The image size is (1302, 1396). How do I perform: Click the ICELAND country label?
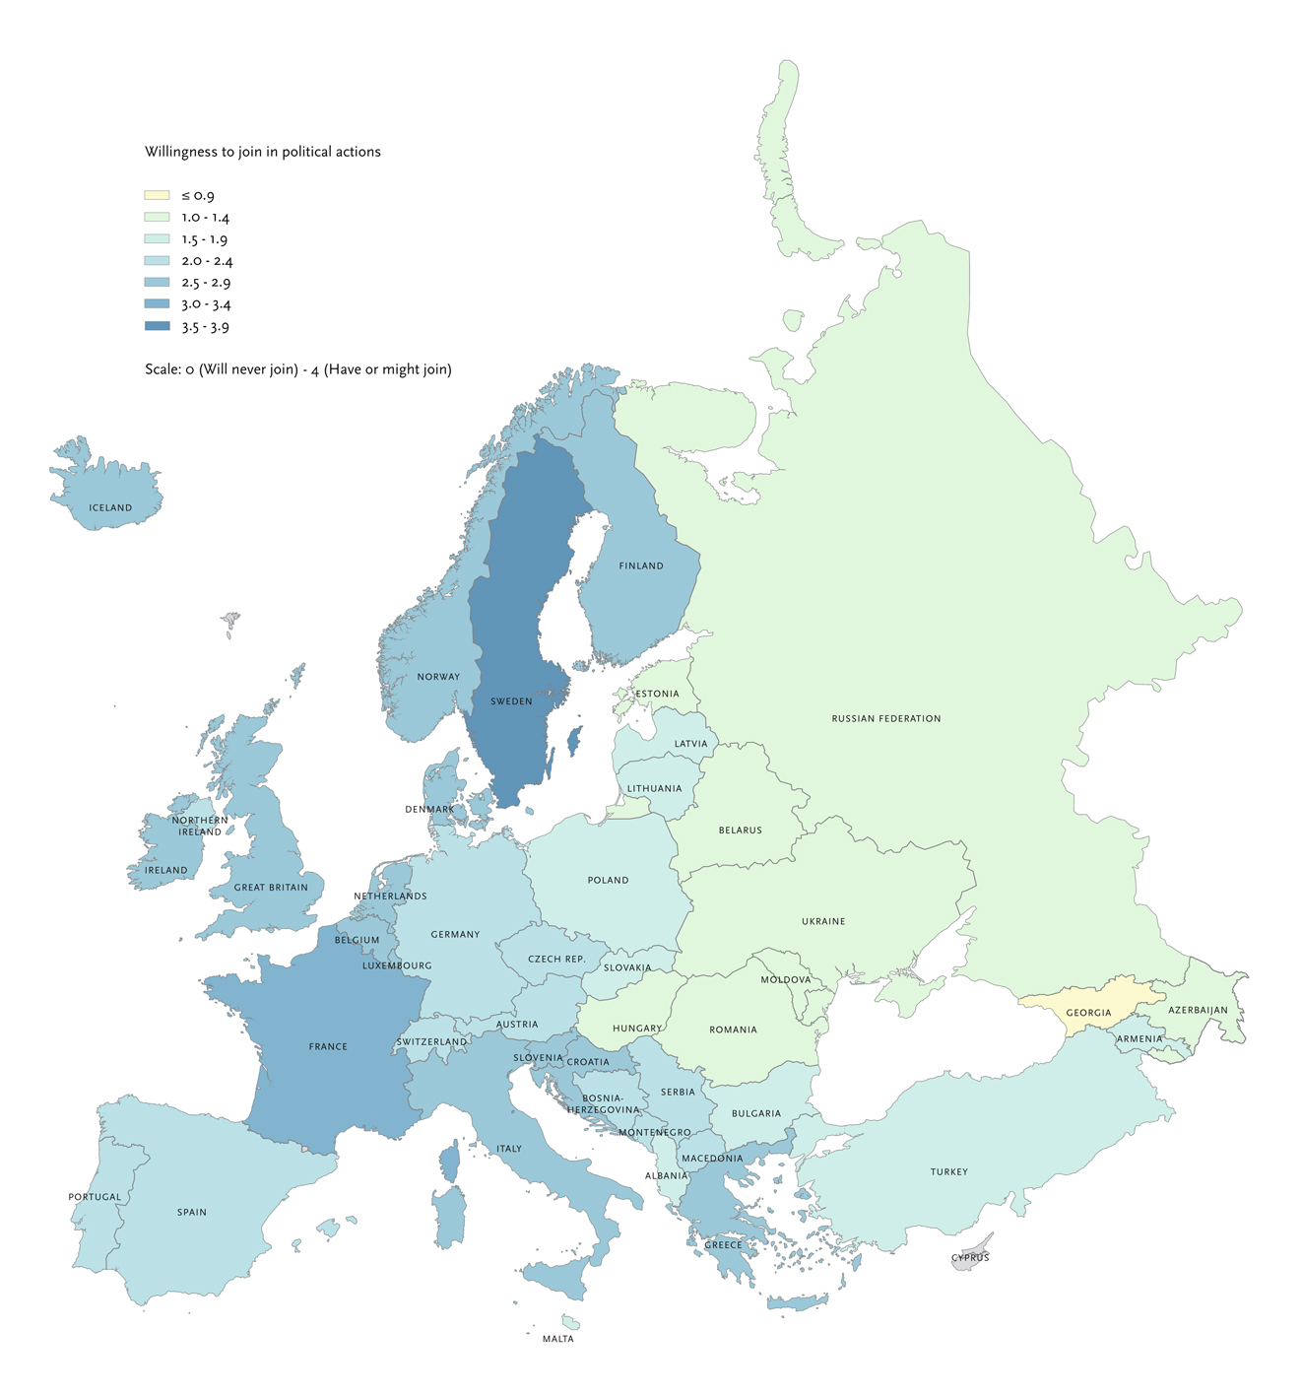click(x=110, y=508)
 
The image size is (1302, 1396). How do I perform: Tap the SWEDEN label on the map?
click(x=511, y=701)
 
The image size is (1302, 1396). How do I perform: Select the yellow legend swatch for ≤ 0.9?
click(x=157, y=196)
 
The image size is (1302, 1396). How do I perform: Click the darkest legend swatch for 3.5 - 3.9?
click(x=157, y=326)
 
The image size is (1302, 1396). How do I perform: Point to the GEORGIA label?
click(x=1088, y=1013)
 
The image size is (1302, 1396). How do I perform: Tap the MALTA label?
click(x=557, y=1339)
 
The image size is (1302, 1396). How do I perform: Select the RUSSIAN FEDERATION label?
click(x=886, y=718)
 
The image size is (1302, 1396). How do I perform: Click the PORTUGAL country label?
click(x=95, y=1197)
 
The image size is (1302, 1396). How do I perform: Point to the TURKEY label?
click(x=949, y=1171)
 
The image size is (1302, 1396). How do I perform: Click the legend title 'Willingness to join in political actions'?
click(x=263, y=152)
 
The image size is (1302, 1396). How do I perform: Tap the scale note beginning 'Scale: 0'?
click(x=298, y=369)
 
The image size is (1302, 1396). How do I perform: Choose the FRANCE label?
click(x=328, y=1046)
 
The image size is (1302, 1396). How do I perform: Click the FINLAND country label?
click(x=641, y=565)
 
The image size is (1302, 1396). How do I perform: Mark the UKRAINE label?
click(x=823, y=921)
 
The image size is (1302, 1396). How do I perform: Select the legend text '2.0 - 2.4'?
click(x=207, y=261)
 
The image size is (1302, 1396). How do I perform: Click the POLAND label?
click(x=608, y=880)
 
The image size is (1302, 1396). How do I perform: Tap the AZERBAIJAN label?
click(x=1198, y=1010)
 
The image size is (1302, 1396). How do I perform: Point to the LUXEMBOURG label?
click(x=397, y=965)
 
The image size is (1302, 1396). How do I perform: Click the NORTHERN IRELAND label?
click(x=200, y=826)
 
